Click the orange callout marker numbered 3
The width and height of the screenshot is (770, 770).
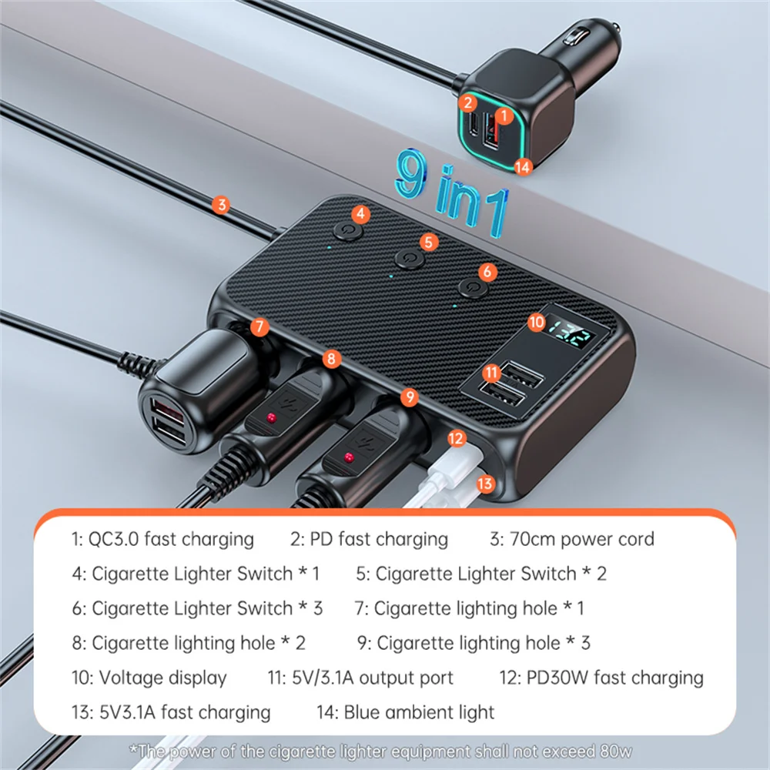tap(222, 205)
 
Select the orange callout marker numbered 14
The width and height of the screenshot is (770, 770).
tap(524, 166)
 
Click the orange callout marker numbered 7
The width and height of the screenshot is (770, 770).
tap(260, 326)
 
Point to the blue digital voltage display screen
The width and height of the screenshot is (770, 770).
tap(571, 337)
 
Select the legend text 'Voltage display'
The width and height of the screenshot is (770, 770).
tap(162, 678)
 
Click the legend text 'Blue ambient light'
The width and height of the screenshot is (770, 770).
tap(419, 712)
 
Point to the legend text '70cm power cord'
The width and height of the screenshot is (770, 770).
tap(582, 539)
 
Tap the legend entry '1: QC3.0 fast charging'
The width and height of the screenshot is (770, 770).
tap(162, 539)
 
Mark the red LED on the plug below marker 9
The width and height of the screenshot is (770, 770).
tap(348, 460)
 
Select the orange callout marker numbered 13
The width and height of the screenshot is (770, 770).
tap(485, 484)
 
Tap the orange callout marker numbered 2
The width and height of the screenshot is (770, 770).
tap(467, 102)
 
